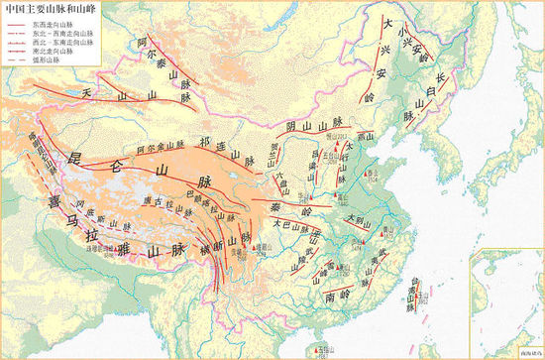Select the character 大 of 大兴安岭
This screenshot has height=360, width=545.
[x=390, y=24]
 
